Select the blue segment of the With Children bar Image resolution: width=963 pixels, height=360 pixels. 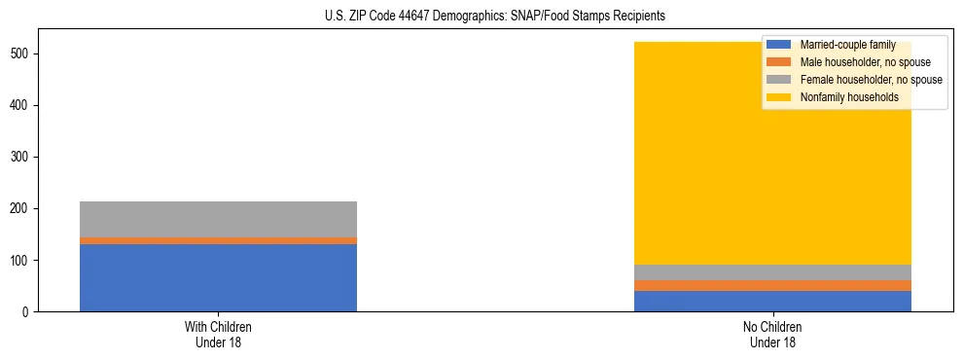(218, 277)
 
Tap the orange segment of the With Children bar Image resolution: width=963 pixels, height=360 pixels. (218, 240)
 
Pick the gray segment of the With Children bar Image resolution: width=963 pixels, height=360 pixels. (218, 219)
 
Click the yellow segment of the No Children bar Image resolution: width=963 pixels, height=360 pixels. (681, 175)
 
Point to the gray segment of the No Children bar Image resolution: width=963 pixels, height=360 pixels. (772, 272)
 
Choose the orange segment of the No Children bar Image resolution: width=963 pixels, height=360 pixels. (772, 285)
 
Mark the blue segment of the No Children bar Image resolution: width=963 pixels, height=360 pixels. (772, 301)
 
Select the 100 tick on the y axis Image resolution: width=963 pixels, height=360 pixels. (26, 260)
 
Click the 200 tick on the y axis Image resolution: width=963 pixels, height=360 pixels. (26, 208)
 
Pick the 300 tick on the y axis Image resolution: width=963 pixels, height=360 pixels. (26, 157)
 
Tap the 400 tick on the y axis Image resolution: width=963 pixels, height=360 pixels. (26, 105)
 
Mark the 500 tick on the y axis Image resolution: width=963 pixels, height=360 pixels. (26, 54)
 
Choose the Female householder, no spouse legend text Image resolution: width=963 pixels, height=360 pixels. (871, 80)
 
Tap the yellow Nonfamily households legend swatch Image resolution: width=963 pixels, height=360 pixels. (780, 97)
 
